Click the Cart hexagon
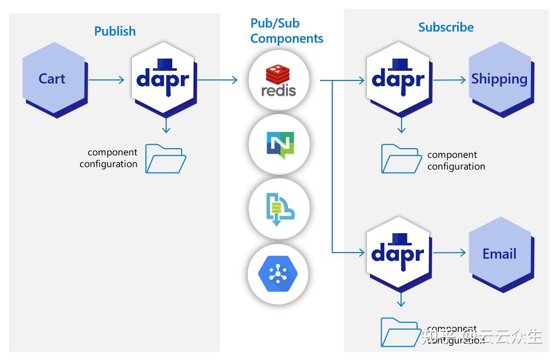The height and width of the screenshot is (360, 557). (52, 79)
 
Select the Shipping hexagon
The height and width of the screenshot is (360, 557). (499, 79)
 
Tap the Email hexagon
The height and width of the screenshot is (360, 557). (499, 254)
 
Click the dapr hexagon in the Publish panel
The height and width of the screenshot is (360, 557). (163, 79)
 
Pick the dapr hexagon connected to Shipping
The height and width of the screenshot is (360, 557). (398, 79)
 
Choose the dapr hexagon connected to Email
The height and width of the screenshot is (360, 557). (398, 253)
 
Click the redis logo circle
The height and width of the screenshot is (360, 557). (279, 80)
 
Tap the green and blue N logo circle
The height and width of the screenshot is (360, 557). (279, 145)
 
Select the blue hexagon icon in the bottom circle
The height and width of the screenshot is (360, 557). (278, 274)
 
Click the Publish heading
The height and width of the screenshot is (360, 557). (115, 31)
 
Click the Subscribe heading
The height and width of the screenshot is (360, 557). (446, 27)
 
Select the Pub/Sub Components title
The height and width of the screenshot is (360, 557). (287, 31)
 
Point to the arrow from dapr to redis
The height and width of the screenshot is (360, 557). (218, 79)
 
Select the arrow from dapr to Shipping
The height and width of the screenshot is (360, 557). (449, 79)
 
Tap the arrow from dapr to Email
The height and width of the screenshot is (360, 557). (449, 253)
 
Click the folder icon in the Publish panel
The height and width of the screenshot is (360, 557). (166, 158)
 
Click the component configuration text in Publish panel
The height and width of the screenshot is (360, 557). (109, 158)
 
